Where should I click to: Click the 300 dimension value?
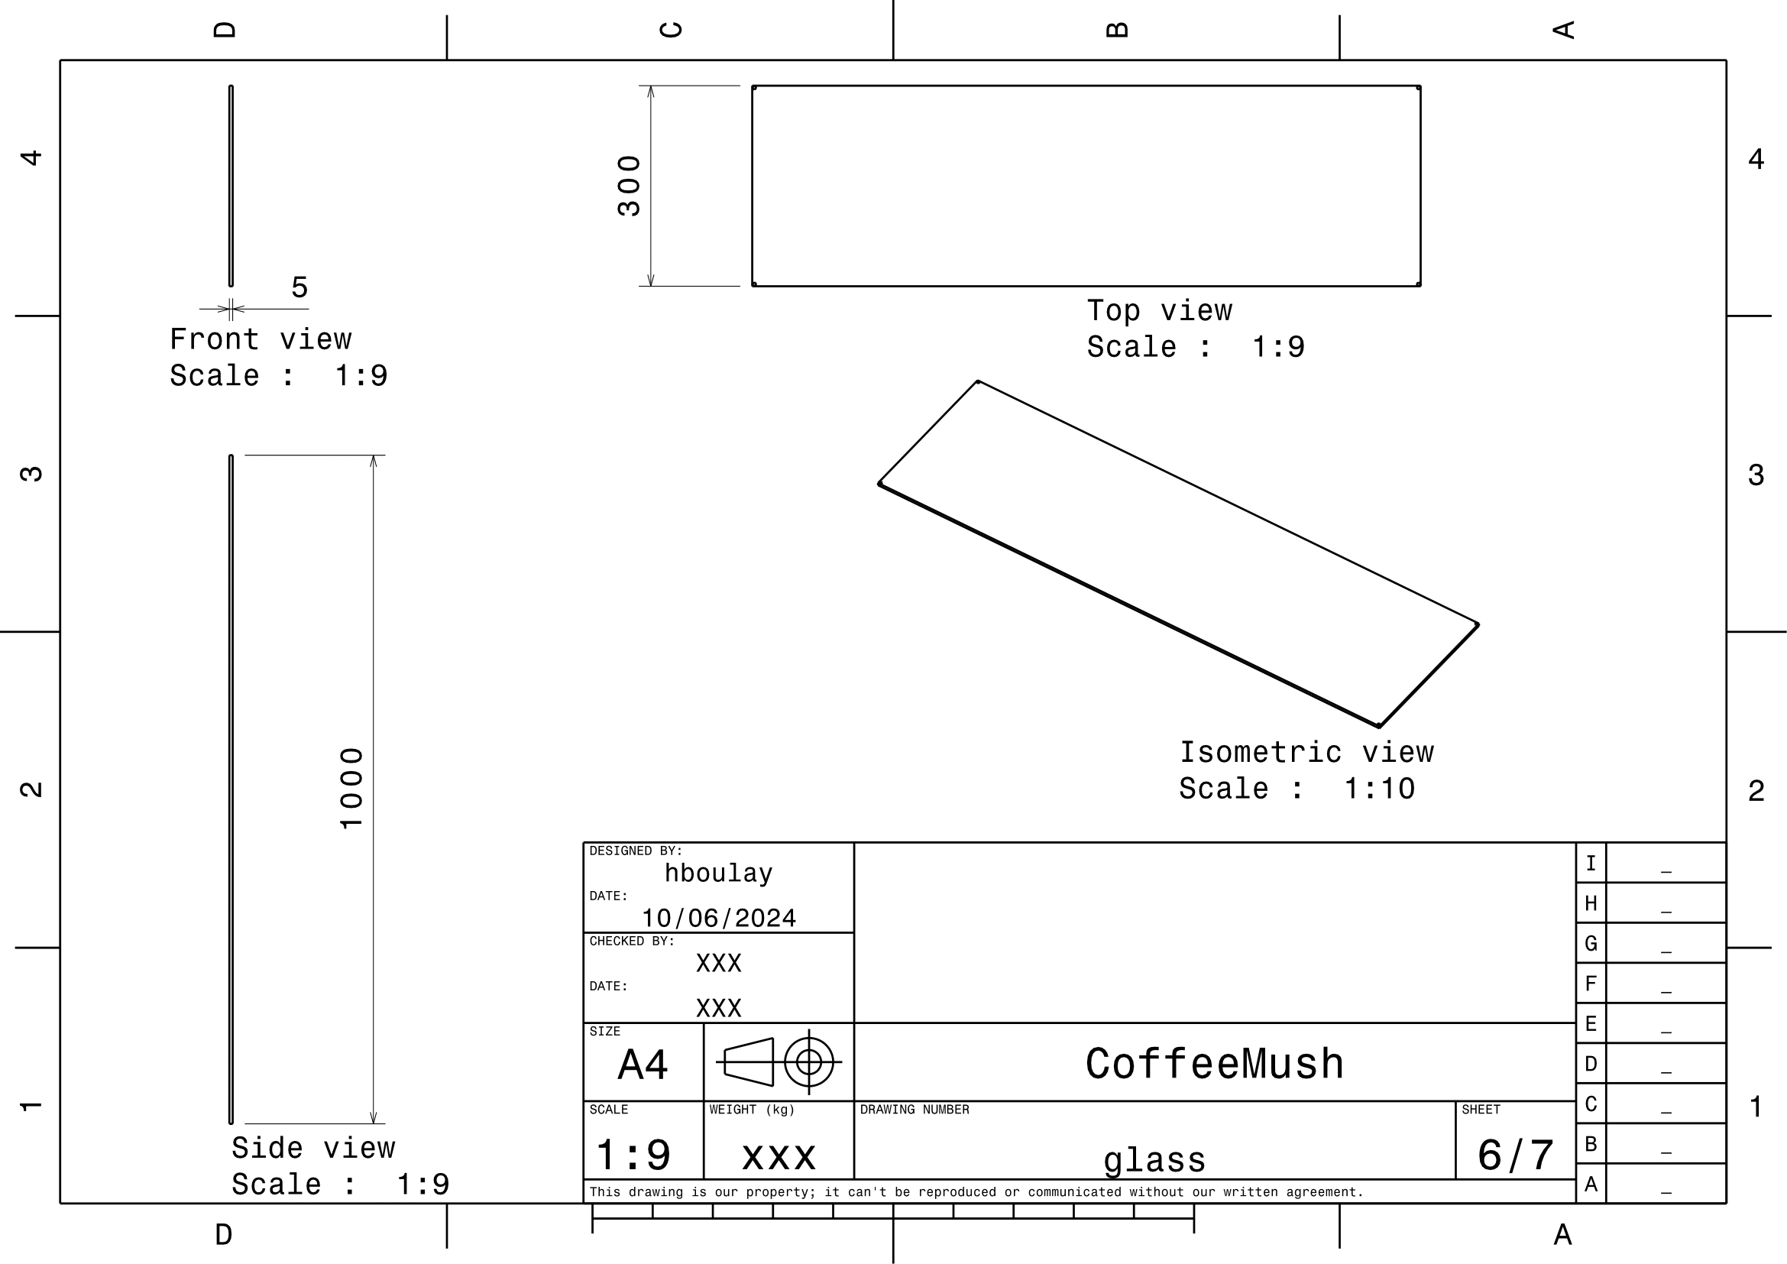point(629,186)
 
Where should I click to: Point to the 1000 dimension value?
point(351,789)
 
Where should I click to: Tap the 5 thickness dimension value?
point(299,288)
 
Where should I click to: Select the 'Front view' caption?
point(261,339)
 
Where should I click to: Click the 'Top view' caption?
point(1160,310)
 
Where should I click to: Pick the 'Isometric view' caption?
point(1306,753)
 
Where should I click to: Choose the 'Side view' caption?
point(314,1148)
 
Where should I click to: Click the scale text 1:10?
point(1379,789)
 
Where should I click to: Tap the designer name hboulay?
point(718,873)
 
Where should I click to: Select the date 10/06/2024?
point(718,919)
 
